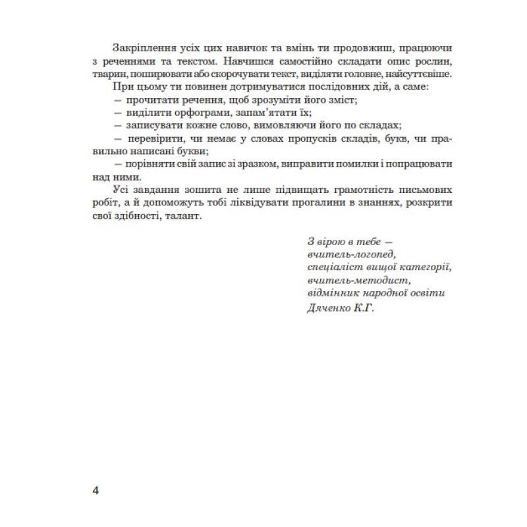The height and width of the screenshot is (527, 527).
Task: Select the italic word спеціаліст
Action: pos(333,267)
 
